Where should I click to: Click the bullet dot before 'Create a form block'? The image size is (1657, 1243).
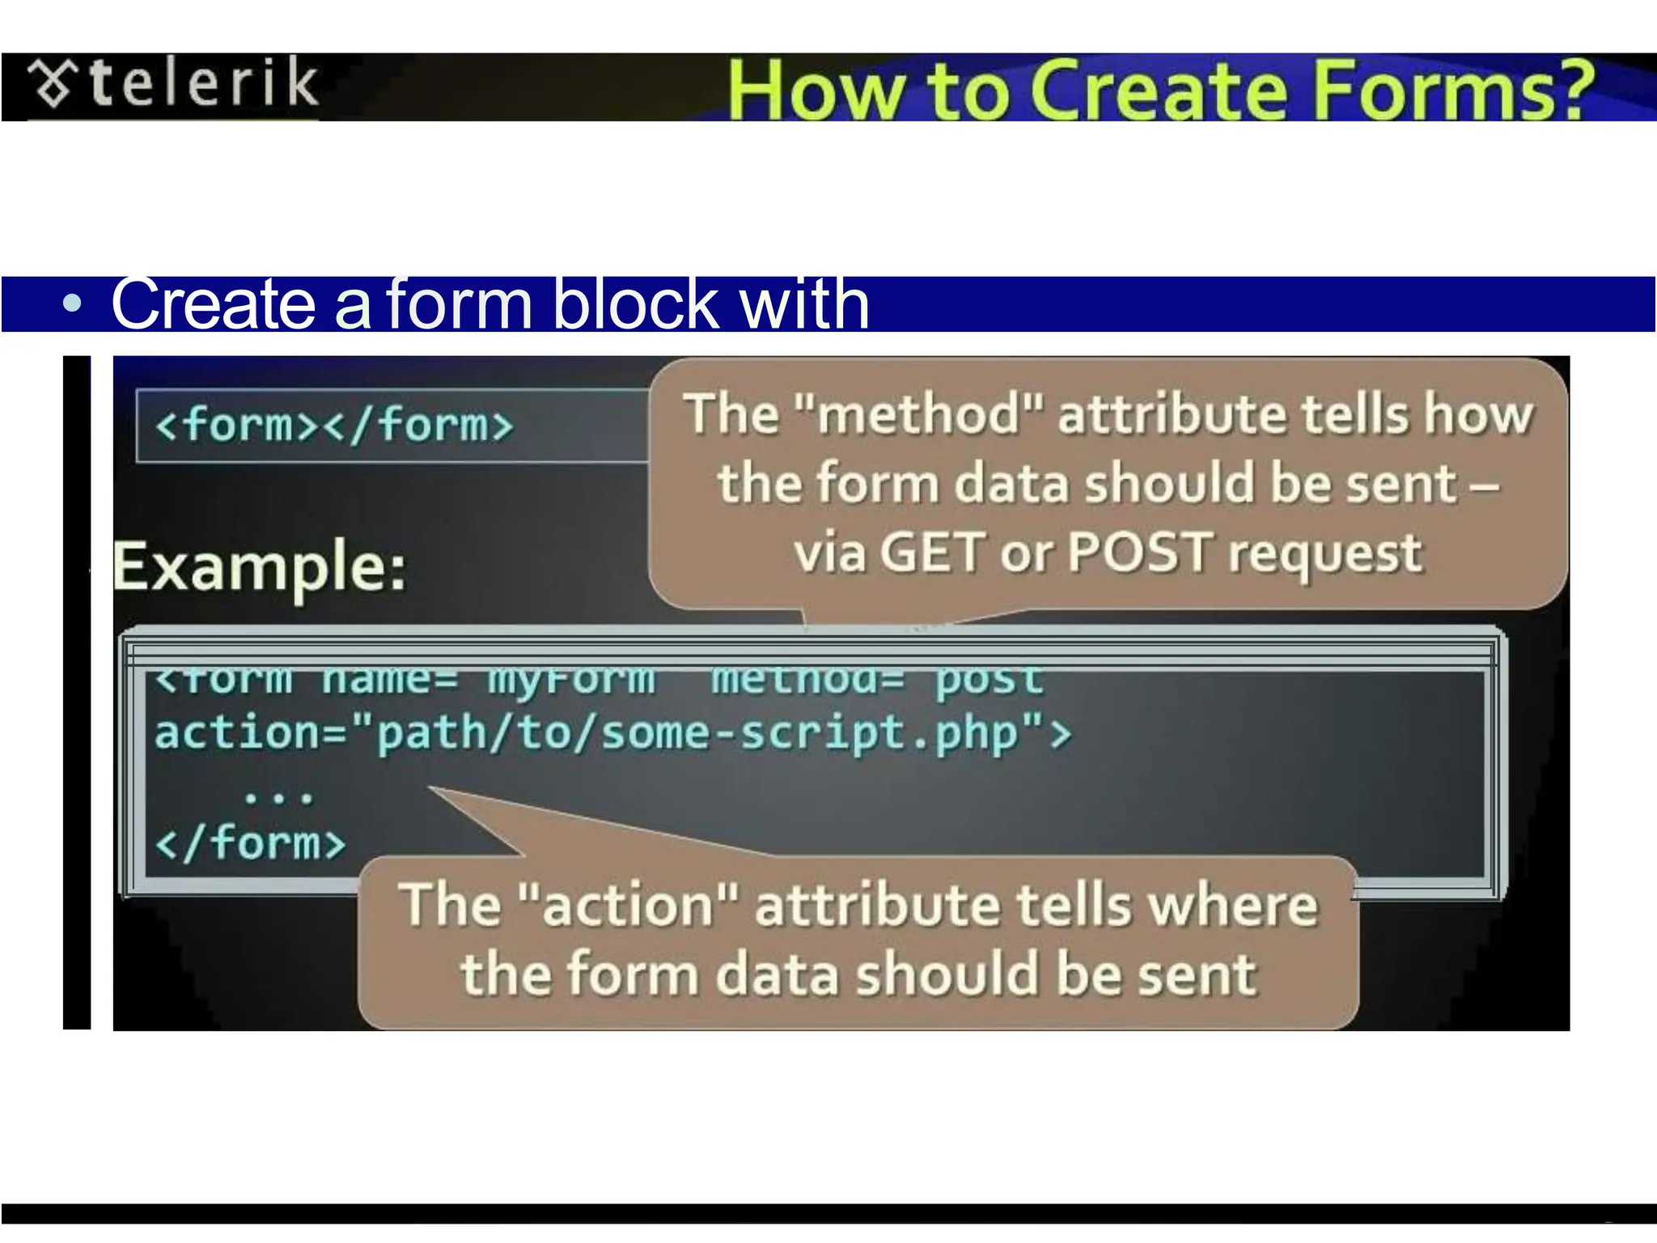click(73, 304)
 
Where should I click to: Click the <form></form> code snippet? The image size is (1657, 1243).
click(333, 425)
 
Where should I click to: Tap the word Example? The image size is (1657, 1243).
click(260, 567)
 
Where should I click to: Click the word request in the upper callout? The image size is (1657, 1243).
click(1324, 555)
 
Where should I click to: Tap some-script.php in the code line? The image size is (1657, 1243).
click(809, 733)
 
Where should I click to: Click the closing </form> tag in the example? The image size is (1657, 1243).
click(251, 843)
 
